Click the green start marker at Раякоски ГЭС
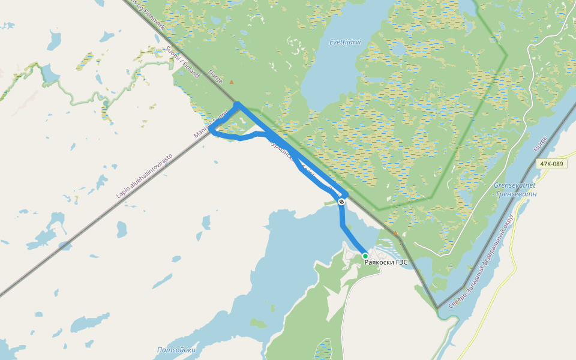[365, 256]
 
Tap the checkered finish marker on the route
[341, 202]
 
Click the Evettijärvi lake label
[345, 42]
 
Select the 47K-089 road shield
[551, 164]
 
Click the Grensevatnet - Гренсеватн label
[514, 190]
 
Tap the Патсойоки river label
[176, 349]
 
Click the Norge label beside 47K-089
[541, 144]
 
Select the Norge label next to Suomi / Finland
[214, 77]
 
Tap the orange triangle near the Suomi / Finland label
[232, 82]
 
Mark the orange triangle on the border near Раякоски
[395, 233]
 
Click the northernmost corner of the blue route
[237, 104]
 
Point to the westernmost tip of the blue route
[211, 129]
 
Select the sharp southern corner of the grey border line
[437, 308]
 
